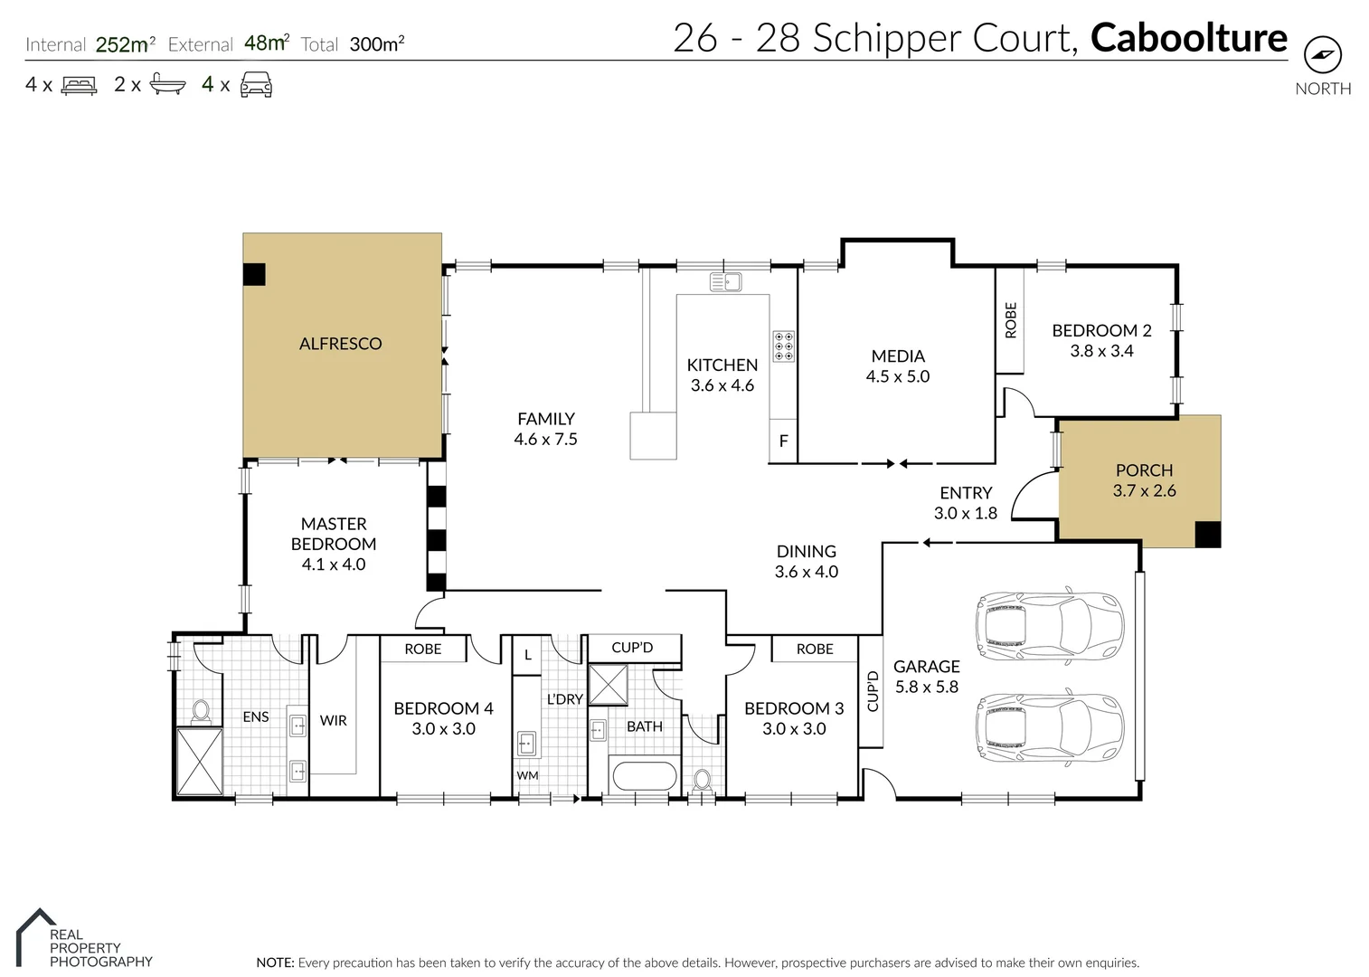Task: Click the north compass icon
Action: tap(1322, 56)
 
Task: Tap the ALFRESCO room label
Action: tap(340, 344)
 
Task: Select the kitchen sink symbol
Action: tap(725, 281)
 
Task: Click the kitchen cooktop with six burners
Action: tap(783, 346)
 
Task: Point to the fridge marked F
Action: tap(783, 441)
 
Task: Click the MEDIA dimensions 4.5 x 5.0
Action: tap(897, 376)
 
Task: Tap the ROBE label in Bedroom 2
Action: tap(1010, 320)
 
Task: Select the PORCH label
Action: tap(1144, 470)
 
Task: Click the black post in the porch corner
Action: tap(1207, 535)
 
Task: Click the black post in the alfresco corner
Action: tap(254, 274)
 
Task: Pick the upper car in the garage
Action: tap(1049, 625)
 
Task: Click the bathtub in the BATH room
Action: tap(644, 776)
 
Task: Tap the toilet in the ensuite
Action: tap(201, 712)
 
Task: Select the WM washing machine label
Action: tap(527, 775)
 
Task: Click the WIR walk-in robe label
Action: tap(333, 721)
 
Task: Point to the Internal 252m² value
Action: tap(125, 44)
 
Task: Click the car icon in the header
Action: tap(256, 85)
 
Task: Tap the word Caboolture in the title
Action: tap(1188, 38)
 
